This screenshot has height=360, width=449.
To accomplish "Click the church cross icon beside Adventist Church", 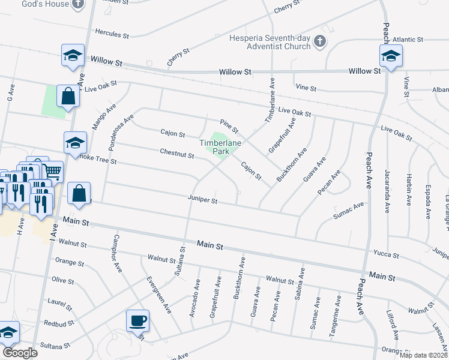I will (x=321, y=41).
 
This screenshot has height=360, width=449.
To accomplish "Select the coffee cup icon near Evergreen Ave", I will (x=137, y=320).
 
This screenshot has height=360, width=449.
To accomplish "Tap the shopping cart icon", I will (x=52, y=172).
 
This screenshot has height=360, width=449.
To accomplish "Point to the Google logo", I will (x=20, y=353).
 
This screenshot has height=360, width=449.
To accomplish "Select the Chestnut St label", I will (x=176, y=155).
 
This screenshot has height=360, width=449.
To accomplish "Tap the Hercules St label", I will (x=112, y=32).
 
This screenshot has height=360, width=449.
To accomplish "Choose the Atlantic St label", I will (x=408, y=40).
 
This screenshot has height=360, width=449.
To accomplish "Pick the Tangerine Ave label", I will (x=339, y=313).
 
